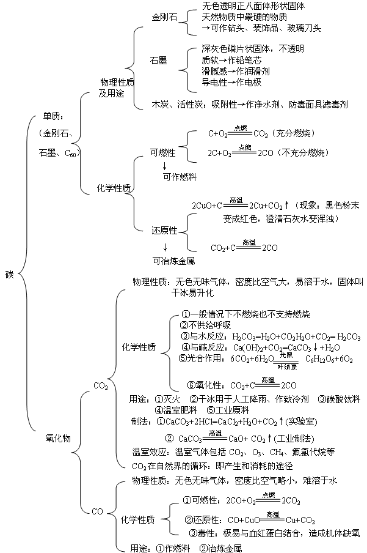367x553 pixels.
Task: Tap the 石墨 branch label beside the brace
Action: [159, 61]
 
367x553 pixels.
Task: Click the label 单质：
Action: [53, 116]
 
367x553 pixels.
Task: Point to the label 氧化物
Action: [59, 438]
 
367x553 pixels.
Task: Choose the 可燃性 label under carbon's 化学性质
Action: [162, 152]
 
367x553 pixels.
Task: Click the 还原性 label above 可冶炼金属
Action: [164, 230]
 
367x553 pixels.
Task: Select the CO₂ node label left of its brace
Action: [101, 385]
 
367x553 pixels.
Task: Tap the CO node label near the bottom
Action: [97, 511]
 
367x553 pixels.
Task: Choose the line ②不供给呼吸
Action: [206, 325]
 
